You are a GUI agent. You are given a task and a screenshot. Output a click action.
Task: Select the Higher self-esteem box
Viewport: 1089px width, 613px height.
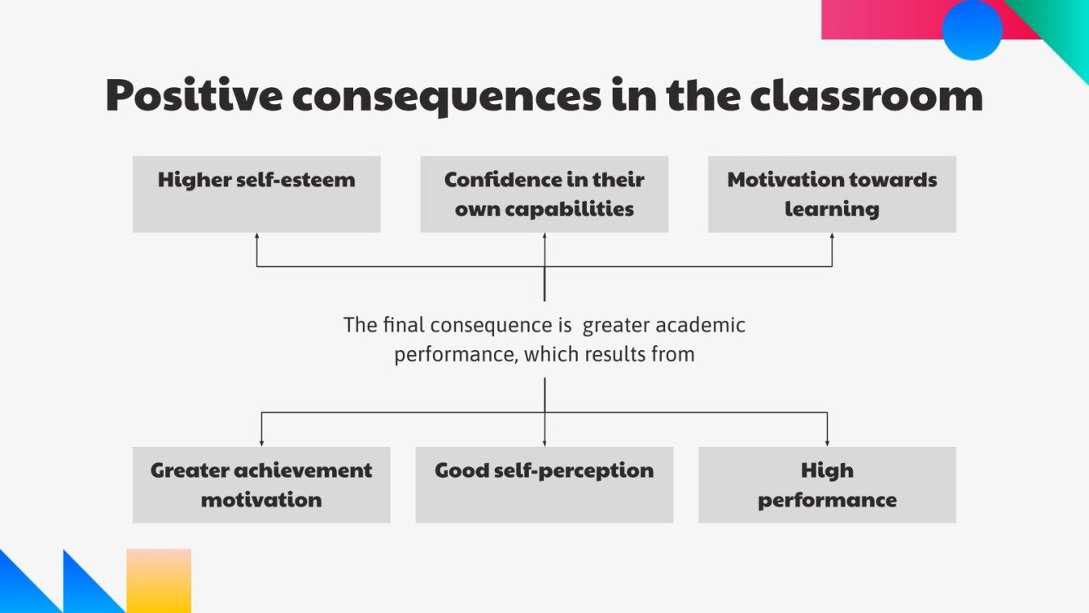pyautogui.click(x=256, y=194)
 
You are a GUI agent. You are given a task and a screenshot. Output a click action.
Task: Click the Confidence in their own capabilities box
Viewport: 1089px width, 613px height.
pyautogui.click(x=544, y=194)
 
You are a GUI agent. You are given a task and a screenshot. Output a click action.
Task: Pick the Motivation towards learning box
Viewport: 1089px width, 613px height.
pyautogui.click(x=832, y=194)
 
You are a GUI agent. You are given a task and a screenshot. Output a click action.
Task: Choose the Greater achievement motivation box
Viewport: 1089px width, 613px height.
pyautogui.click(x=261, y=484)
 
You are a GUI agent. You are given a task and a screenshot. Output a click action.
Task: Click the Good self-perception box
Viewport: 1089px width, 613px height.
pyautogui.click(x=544, y=484)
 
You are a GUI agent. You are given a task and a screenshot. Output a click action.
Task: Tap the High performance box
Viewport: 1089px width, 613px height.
pyautogui.click(x=827, y=484)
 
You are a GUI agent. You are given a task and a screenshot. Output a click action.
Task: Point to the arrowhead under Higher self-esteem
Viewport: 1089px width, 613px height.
pyautogui.click(x=256, y=237)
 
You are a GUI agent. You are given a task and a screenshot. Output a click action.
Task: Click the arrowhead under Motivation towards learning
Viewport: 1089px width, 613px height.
pyautogui.click(x=832, y=237)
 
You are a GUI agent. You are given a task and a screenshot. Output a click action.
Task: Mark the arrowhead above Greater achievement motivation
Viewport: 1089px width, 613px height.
pyautogui.click(x=261, y=442)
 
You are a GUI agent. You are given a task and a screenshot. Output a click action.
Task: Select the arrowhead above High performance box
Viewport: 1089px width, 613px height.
pyautogui.click(x=827, y=442)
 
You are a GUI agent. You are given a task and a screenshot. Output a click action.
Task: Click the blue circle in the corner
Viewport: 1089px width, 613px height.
pyautogui.click(x=972, y=30)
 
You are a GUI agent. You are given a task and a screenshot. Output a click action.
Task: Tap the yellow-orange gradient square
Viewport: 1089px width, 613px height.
pyautogui.click(x=159, y=580)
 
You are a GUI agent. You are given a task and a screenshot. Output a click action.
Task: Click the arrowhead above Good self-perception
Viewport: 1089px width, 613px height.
pyautogui.click(x=544, y=442)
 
